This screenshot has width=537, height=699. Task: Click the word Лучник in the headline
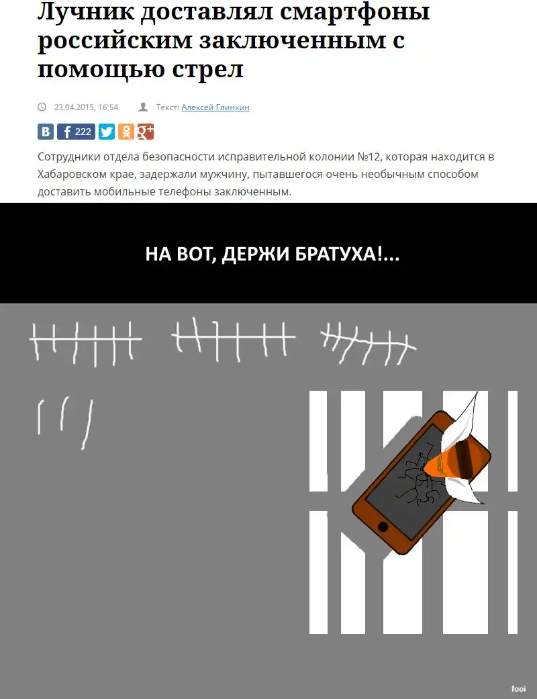tap(85, 12)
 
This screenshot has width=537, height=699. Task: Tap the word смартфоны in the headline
tap(354, 12)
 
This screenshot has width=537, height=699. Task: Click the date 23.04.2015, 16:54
tap(86, 107)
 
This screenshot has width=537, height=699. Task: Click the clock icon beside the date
tap(42, 107)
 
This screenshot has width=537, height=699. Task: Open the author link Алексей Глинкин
tap(215, 107)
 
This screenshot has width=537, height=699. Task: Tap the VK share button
tap(46, 132)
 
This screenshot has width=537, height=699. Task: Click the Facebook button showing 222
tap(77, 132)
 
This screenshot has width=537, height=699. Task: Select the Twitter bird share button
tap(107, 132)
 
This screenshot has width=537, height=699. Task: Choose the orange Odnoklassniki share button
tap(126, 132)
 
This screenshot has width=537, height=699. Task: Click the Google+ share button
tap(146, 132)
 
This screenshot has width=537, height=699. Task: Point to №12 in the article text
tap(369, 157)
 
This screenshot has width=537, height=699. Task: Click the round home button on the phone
tap(383, 527)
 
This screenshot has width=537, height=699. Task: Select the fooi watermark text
tap(519, 689)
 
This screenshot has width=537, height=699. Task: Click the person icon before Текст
tap(143, 107)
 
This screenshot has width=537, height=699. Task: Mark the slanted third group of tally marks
tap(368, 342)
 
